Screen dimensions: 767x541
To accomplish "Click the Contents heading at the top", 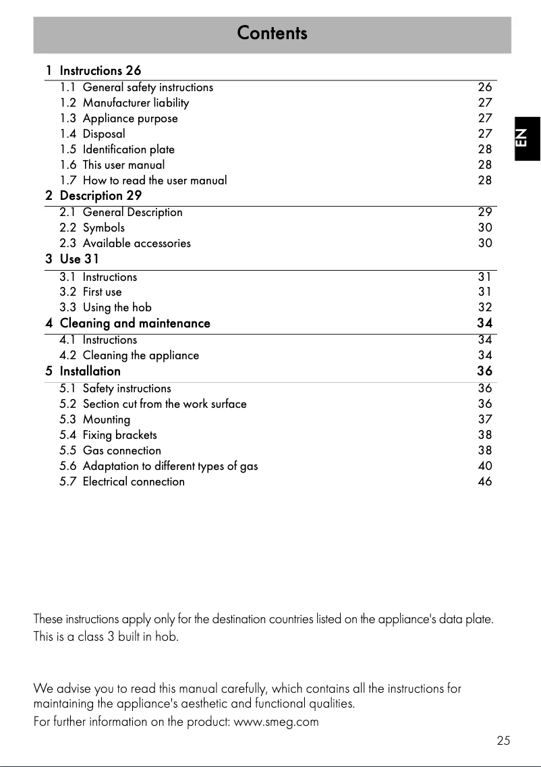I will point(272,33).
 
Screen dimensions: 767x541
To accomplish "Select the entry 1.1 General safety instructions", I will point(136,87).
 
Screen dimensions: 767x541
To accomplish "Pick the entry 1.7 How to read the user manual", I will point(143,180).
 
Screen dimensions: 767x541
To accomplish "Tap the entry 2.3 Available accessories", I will point(125,243).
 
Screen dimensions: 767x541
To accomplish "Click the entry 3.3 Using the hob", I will point(105,307).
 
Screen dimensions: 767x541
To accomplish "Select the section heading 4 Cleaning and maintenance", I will point(128,323).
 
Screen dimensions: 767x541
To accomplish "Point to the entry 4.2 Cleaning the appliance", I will point(129,355).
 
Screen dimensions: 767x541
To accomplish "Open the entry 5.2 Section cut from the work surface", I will point(153,404).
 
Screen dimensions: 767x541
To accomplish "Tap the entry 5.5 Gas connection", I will point(111,450).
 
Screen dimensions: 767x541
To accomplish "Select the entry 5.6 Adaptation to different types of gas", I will point(159,466).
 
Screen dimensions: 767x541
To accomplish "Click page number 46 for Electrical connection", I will point(484,481).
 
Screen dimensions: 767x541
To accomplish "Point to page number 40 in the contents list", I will point(484,466).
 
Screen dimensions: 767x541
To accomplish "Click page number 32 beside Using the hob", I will point(484,307).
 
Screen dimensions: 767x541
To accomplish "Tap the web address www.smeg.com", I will point(276,722).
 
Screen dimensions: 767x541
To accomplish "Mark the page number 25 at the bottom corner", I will point(503,741).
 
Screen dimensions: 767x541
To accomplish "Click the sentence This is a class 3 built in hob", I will point(106,637).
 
